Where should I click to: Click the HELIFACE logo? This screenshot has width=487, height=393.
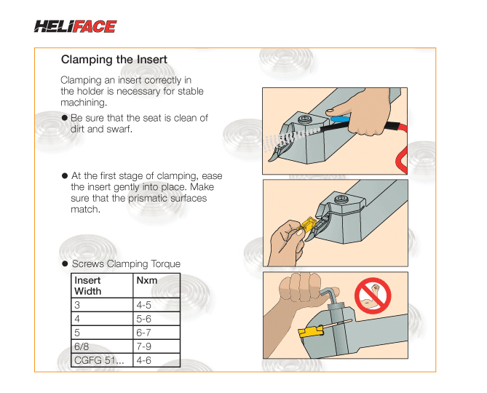click(75, 26)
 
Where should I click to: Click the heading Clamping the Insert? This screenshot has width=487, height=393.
click(114, 59)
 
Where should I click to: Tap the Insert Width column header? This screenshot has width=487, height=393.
click(88, 285)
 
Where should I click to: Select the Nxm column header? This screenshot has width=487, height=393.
click(147, 280)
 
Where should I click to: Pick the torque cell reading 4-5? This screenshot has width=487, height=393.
click(144, 305)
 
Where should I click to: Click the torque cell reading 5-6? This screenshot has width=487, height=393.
click(144, 319)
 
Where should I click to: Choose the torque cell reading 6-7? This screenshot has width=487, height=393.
click(144, 333)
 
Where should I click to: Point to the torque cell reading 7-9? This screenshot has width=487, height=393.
click(144, 346)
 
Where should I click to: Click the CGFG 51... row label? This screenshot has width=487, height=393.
click(99, 360)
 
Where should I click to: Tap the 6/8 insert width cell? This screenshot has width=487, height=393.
click(82, 346)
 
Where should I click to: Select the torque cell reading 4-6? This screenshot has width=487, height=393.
click(144, 360)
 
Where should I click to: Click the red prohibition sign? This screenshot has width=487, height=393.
click(373, 295)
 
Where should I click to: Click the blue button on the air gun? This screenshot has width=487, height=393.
click(339, 119)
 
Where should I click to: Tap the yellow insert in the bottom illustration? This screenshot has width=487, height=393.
click(311, 331)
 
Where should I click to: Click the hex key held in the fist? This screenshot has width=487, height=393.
click(332, 297)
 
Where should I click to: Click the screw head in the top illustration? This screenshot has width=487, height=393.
click(304, 119)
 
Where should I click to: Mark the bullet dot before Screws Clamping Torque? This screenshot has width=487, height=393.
click(65, 264)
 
